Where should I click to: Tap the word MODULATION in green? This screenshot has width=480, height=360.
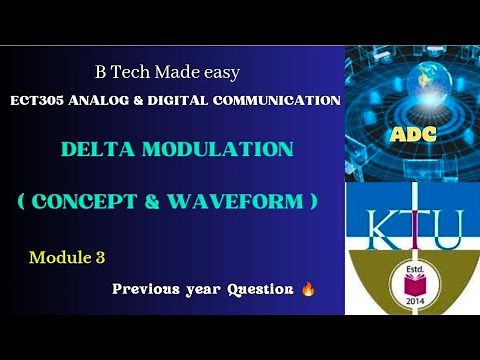(217, 150)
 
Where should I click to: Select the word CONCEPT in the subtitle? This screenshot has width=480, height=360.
(85, 200)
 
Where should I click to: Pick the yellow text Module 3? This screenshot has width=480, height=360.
(67, 258)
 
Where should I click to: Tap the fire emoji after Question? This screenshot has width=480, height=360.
(307, 289)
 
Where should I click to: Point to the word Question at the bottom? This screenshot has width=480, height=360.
(260, 289)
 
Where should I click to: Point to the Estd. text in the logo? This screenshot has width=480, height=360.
(412, 273)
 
